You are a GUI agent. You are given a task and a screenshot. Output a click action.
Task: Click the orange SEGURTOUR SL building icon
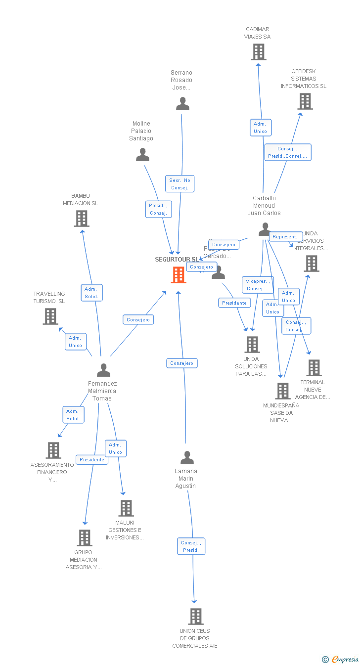coord(179,275)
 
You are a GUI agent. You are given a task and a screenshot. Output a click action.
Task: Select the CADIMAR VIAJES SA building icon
coord(258,52)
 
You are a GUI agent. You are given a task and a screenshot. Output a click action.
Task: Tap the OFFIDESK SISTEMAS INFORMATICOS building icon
coord(305,101)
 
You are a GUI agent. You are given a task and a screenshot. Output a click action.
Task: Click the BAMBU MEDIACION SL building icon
coord(81,219)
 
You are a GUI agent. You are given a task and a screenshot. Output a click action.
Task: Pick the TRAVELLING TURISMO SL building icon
coord(50,316)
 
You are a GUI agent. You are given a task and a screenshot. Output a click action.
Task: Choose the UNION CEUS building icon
coord(196,617)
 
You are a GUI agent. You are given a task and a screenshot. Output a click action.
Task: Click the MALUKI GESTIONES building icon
coord(126,508)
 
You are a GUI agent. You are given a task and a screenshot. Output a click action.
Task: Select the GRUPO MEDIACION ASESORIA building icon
coord(85,538)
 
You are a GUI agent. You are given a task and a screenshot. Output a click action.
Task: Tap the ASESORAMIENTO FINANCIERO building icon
coord(53,450)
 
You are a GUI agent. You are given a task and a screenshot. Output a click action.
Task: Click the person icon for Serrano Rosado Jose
coord(182,104)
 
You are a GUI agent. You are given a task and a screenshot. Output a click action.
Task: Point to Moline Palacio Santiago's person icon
coord(142,155)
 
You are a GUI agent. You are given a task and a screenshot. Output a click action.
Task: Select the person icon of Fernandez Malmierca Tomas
coord(103,370)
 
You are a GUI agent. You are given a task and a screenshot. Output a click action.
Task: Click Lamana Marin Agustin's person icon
coord(187,458)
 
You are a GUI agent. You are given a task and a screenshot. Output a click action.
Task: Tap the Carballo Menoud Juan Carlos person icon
coord(265,229)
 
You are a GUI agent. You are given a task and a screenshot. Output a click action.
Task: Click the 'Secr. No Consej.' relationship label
coord(180,184)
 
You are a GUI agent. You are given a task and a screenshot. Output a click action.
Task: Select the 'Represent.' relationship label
coord(285,237)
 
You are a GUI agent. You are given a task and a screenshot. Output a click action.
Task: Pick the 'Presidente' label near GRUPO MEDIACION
coord(92,460)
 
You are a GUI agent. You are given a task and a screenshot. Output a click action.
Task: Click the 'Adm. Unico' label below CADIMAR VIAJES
coord(260,128)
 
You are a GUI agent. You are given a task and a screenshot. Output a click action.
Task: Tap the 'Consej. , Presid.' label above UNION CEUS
coord(191,546)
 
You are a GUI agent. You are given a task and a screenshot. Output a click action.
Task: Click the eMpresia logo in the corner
coord(341,659)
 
